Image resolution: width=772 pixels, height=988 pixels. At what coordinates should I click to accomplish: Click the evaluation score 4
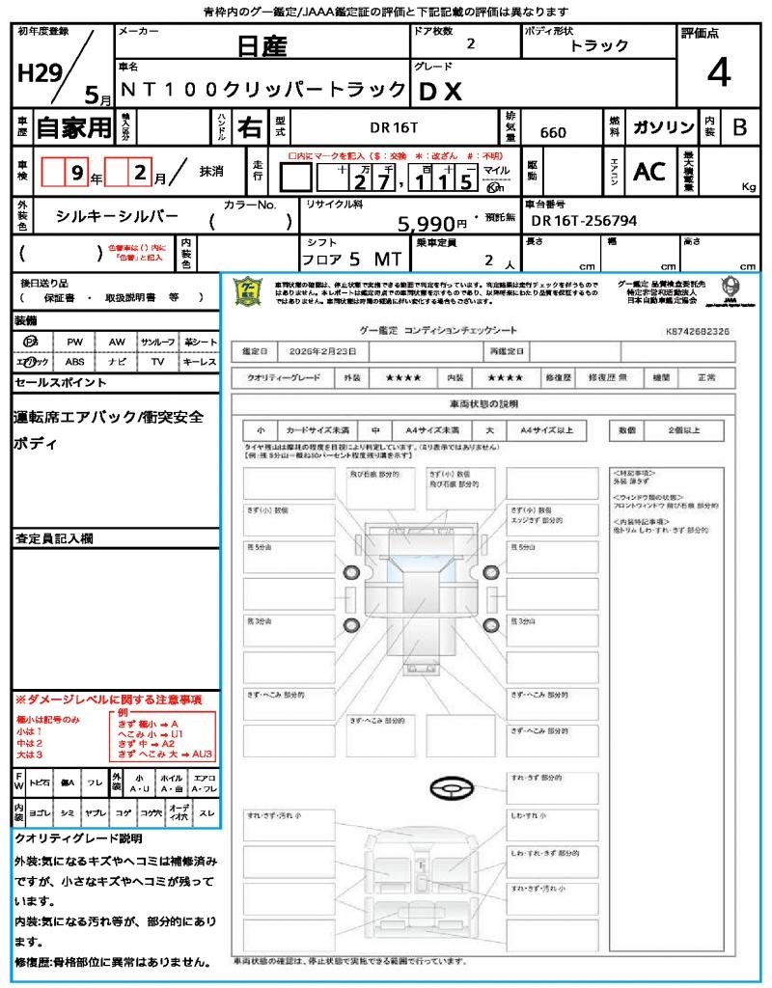718,72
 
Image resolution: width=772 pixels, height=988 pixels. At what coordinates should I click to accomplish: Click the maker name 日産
263,46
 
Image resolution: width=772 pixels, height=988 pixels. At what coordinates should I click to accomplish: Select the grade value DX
440,92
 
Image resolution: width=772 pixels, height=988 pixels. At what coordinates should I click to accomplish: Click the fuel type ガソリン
664,127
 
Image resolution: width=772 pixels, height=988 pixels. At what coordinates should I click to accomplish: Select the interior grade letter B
738,127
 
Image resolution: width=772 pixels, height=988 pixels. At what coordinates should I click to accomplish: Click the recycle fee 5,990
426,224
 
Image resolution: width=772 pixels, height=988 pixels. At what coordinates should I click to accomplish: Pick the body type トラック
599,45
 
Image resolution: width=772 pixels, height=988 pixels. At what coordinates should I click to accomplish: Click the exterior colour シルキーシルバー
118,217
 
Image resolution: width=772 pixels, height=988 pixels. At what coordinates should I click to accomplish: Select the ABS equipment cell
74,362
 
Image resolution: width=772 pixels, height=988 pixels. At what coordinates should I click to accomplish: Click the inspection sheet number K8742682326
698,331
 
